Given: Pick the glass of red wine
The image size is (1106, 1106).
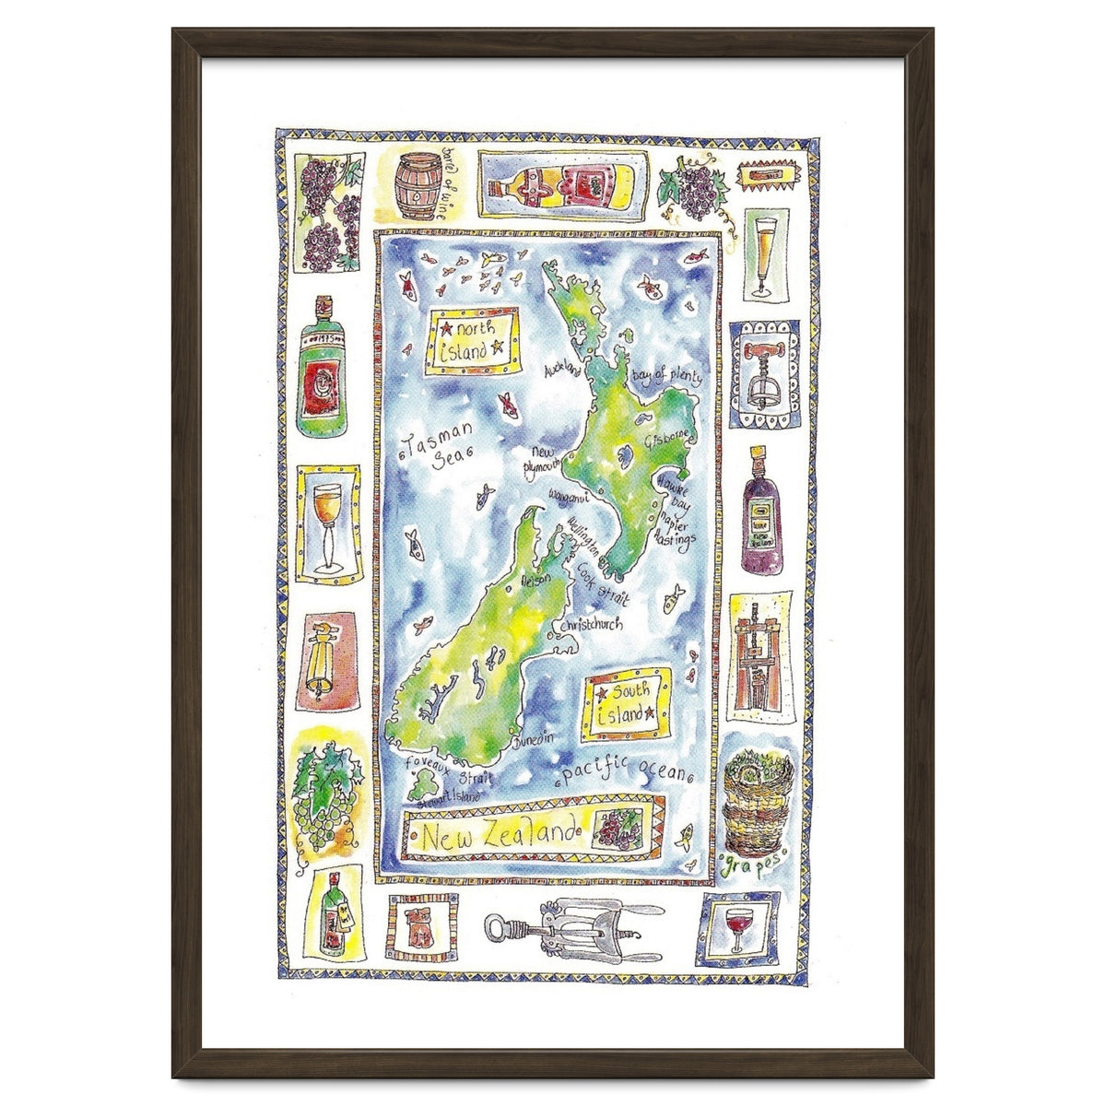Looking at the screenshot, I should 737,929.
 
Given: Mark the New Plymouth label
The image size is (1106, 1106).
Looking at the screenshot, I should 541,460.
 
